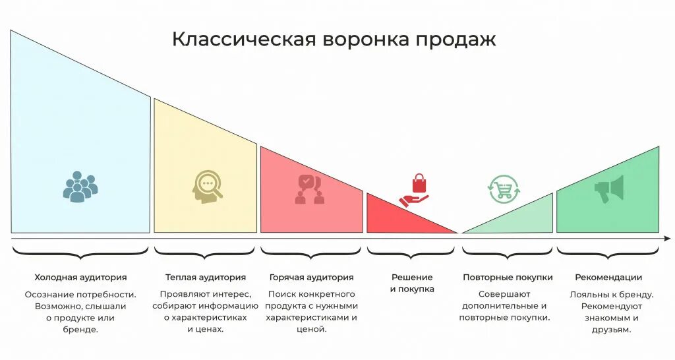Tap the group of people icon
80,187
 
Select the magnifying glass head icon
206,187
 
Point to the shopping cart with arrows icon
504,190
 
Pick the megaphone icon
608,190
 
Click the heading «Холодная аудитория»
80,278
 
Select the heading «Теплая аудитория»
206,278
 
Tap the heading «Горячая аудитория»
312,278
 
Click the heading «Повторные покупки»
508,278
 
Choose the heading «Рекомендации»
608,278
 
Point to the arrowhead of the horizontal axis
669,238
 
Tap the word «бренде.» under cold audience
81,330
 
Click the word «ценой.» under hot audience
312,330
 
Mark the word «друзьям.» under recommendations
608,330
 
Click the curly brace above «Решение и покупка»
411,251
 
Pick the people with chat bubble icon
310,189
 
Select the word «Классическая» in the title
242,40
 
